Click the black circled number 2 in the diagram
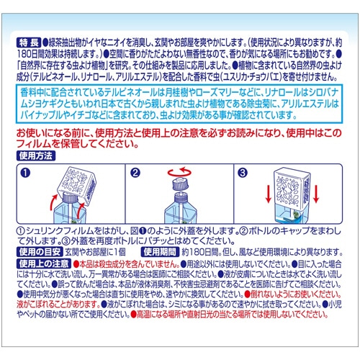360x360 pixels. (x=135, y=174)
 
